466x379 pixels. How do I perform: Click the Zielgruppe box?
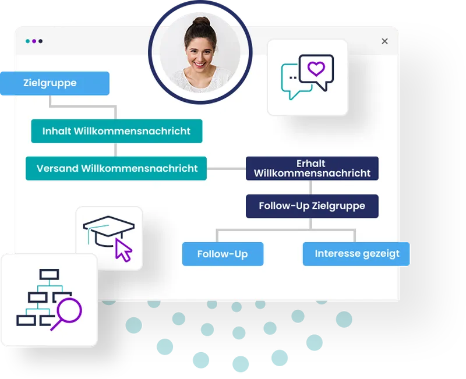(55, 83)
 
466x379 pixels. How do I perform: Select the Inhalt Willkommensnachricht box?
(117, 131)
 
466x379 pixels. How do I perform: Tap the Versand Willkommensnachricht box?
(116, 168)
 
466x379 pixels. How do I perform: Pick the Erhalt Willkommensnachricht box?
(312, 168)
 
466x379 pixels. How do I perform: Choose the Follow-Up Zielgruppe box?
(312, 206)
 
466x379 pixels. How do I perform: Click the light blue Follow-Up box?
(223, 254)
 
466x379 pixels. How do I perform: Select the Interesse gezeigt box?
(356, 254)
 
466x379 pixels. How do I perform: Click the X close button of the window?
(384, 41)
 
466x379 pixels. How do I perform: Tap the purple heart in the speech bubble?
(316, 69)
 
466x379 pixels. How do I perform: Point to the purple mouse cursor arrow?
(123, 250)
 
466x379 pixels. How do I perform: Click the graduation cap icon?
(109, 231)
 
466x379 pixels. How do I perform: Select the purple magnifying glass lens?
(69, 310)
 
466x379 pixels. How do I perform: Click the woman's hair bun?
(201, 22)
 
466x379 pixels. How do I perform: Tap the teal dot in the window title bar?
(27, 41)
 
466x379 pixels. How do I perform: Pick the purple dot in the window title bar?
(34, 41)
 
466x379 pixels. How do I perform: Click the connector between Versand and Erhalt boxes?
(226, 169)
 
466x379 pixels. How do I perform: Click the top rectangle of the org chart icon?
(50, 274)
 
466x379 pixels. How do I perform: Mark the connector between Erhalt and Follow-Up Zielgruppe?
(310, 187)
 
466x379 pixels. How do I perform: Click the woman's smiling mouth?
(199, 64)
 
